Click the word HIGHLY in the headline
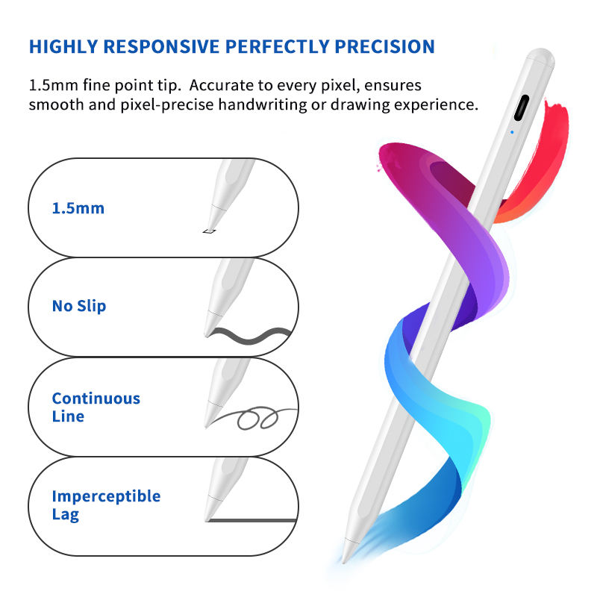pos(63,46)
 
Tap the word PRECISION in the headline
pos(381,46)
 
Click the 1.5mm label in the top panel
pos(78,208)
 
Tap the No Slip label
pos(78,306)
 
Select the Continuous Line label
pos(96,407)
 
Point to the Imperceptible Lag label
pos(106,505)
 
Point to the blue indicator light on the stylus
pos(511,134)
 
